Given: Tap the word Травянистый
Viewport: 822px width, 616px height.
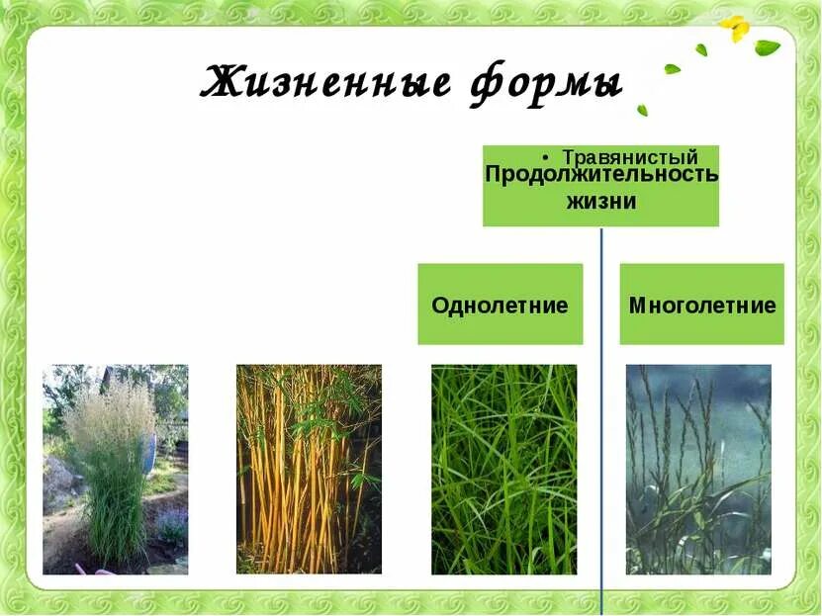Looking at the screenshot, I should pos(630,157).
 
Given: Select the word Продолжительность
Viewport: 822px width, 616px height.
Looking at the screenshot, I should pos(601,174).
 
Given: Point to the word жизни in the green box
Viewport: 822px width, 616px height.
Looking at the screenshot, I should pos(600,201).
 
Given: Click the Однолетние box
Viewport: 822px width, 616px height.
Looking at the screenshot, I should pos(500,305).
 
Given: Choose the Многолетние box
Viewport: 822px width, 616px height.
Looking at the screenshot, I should pos(701,305).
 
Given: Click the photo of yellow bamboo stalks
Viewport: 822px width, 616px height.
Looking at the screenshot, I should pos(309,469).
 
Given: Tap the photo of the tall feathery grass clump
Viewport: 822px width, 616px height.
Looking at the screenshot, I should pos(115,469).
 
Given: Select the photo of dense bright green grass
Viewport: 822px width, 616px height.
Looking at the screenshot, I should pos(503,469).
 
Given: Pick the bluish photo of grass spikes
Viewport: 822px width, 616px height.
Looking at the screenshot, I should pos(698,469).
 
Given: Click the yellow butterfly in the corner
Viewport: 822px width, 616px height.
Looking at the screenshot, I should pos(736,29).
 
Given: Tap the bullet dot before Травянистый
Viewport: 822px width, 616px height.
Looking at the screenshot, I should pos(547,158).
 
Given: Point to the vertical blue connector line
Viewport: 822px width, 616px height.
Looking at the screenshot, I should pos(601,415).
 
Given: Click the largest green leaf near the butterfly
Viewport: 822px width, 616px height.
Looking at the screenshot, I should pos(767,46).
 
